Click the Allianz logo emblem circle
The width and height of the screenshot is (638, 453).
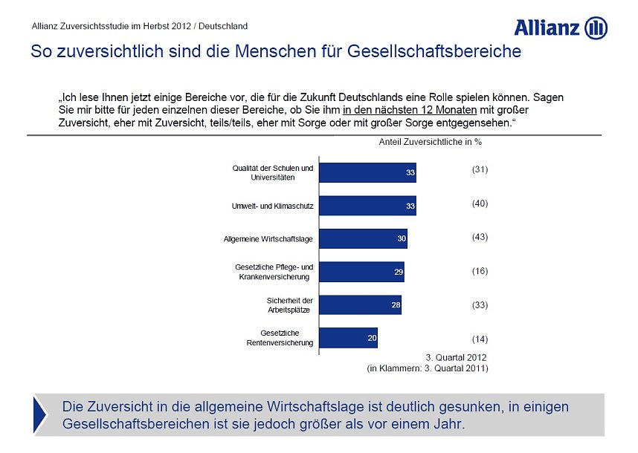pos(596,28)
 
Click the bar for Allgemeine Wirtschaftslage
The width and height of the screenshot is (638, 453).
pos(363,239)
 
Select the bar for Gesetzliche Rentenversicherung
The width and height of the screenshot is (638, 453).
pos(348,338)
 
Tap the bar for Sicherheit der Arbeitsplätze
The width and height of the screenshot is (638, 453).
pos(360,305)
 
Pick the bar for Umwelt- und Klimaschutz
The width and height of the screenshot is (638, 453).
pos(367,206)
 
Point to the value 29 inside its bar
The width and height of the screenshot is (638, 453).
pos(399,273)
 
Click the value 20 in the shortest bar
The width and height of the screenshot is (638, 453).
pos(372,339)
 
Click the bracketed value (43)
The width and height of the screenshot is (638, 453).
pos(480,237)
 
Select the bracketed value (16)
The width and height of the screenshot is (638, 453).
pos(480,271)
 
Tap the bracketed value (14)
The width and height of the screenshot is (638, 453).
pos(480,339)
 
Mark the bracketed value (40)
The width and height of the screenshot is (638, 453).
pos(480,203)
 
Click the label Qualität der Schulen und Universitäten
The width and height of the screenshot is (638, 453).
pos(273,173)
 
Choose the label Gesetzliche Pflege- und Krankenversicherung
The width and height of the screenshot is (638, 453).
pos(274,272)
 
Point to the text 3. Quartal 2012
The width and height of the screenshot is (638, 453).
pos(456,356)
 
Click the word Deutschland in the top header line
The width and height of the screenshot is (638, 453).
pos(221,26)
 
